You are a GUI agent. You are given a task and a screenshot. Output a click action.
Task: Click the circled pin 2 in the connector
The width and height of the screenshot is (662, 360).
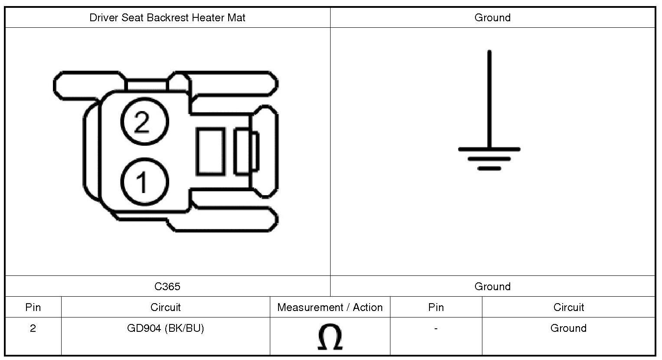(144, 121)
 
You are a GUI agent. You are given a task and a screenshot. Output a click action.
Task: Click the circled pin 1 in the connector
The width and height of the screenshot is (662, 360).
(144, 181)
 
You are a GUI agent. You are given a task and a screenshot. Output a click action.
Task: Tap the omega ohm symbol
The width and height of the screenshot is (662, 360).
(330, 337)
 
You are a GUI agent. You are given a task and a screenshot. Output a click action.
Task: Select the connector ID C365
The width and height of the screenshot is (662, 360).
(167, 286)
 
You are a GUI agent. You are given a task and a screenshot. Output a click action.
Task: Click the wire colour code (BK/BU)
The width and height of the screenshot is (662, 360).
(184, 328)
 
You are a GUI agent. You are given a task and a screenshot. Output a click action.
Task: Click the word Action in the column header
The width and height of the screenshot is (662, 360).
(368, 308)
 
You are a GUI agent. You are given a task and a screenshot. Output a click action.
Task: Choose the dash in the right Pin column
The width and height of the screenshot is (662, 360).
(436, 329)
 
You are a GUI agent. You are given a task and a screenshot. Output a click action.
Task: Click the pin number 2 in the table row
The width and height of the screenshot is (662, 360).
(33, 328)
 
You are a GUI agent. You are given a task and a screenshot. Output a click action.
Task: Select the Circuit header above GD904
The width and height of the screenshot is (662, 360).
(165, 308)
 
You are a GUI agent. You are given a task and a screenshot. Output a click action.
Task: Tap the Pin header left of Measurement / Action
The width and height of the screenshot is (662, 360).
(33, 308)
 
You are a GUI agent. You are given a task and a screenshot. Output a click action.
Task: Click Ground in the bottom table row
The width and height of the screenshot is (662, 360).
(568, 328)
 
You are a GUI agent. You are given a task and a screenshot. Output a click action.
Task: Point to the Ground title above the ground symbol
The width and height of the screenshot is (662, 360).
(492, 18)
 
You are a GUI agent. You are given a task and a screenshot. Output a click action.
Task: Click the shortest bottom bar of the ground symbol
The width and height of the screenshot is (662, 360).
(489, 168)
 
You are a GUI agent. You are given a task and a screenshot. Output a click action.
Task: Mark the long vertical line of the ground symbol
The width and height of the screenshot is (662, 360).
(489, 100)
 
